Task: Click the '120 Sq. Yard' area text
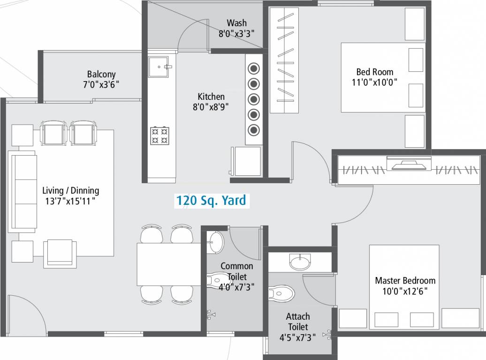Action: pyautogui.click(x=211, y=201)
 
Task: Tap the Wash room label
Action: pyautogui.click(x=236, y=23)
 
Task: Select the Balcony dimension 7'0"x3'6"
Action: pyautogui.click(x=101, y=85)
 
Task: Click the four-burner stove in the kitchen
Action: pyautogui.click(x=159, y=135)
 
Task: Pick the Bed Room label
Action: pyautogui.click(x=375, y=72)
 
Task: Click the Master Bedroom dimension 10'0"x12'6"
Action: pyautogui.click(x=405, y=291)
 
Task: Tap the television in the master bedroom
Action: pyautogui.click(x=406, y=164)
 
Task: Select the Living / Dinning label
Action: pyautogui.click(x=71, y=191)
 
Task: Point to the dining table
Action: pyautogui.click(x=169, y=264)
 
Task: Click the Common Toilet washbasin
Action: pyautogui.click(x=216, y=242)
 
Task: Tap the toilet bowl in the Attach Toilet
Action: pyautogui.click(x=281, y=294)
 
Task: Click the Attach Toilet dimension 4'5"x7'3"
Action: pyautogui.click(x=298, y=337)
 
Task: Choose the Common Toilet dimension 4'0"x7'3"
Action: pyautogui.click(x=236, y=287)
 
